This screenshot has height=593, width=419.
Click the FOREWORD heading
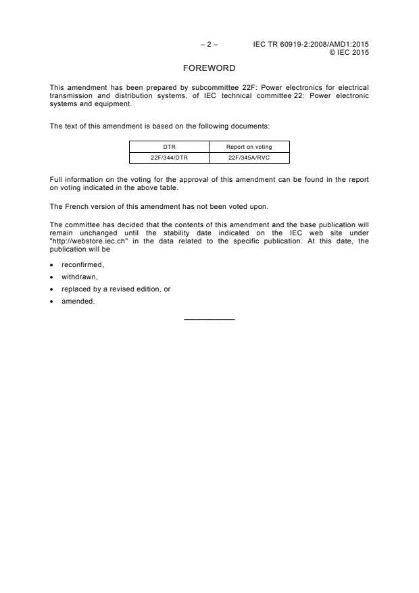pos(209,68)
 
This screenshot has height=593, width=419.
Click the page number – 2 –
pos(209,45)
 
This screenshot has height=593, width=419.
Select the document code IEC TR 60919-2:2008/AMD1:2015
pos(311,45)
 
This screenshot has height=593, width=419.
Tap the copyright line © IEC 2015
pos(349,52)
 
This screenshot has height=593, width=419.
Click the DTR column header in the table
pos(169,147)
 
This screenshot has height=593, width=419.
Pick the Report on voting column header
pos(249,147)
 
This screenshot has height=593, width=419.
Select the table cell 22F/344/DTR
pos(169,158)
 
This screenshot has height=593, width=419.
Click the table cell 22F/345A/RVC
pos(249,158)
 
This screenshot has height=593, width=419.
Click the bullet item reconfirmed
pos(82,265)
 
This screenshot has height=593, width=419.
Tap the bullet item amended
pos(78,302)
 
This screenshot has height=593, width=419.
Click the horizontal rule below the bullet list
pos(209,319)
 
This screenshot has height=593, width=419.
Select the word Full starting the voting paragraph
pos(56,179)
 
